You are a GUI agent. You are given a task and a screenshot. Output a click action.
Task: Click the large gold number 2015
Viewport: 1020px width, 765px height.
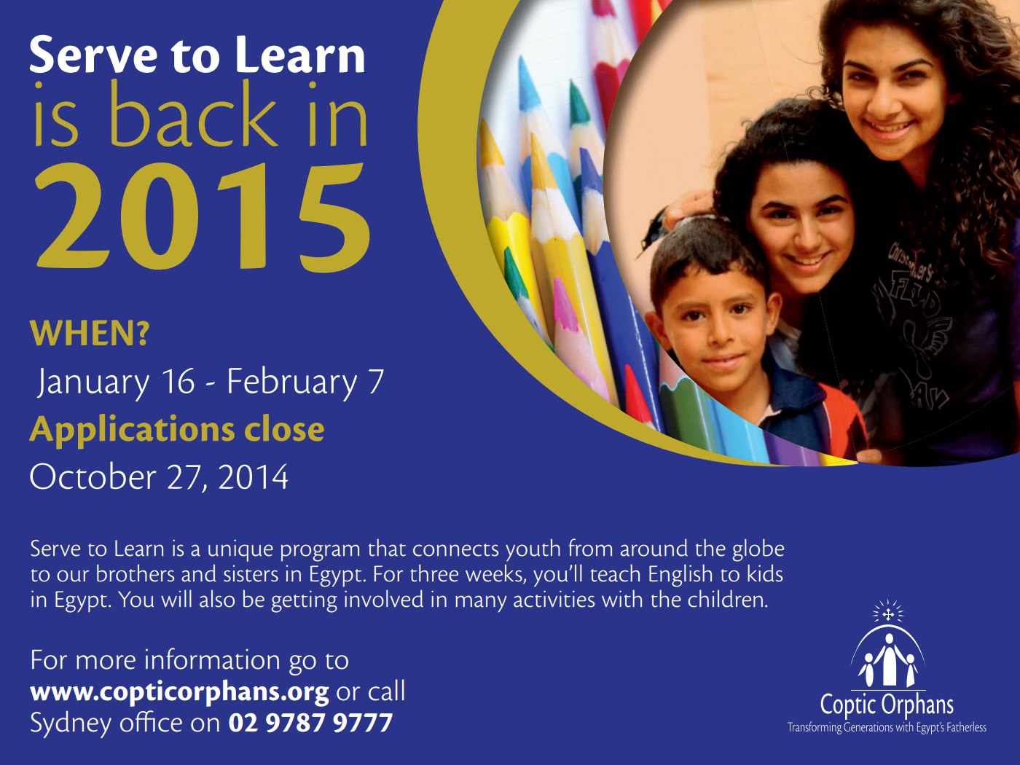(203, 216)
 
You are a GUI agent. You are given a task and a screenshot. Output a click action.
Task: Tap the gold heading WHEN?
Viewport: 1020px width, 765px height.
(90, 333)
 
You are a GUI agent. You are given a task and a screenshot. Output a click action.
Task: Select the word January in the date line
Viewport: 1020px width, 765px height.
(93, 382)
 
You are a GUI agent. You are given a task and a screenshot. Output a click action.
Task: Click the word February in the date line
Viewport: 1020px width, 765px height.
(291, 382)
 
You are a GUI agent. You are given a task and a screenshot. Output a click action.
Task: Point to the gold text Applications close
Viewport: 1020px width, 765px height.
(177, 430)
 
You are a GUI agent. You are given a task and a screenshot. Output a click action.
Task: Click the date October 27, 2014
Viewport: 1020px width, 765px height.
(159, 476)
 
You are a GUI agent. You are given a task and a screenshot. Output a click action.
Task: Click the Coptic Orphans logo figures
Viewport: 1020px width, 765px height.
(888, 661)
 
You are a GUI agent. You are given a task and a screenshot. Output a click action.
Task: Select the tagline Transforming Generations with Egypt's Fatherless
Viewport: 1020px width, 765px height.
(887, 727)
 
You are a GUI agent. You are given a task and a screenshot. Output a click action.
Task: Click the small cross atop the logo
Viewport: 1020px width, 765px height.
(888, 615)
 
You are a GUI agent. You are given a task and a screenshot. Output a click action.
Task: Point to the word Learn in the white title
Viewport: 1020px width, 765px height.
(300, 56)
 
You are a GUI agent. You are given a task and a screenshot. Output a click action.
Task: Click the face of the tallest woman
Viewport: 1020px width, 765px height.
(895, 98)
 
